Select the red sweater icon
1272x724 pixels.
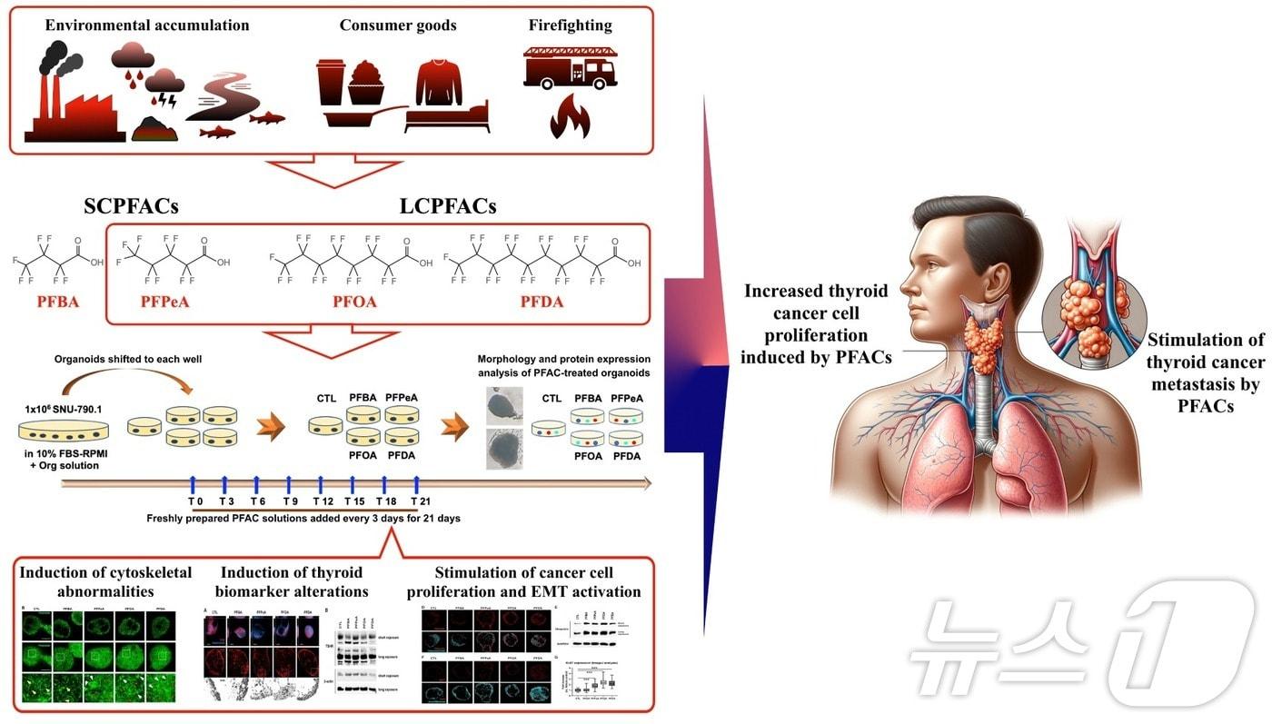click(439, 82)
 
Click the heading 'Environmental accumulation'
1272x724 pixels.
click(147, 25)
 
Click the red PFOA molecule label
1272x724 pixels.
click(353, 302)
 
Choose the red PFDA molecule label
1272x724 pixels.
click(542, 302)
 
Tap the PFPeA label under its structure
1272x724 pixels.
click(165, 302)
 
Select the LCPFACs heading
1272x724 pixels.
click(448, 207)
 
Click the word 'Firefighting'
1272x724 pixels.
click(570, 25)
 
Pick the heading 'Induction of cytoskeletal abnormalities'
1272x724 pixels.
click(106, 582)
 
